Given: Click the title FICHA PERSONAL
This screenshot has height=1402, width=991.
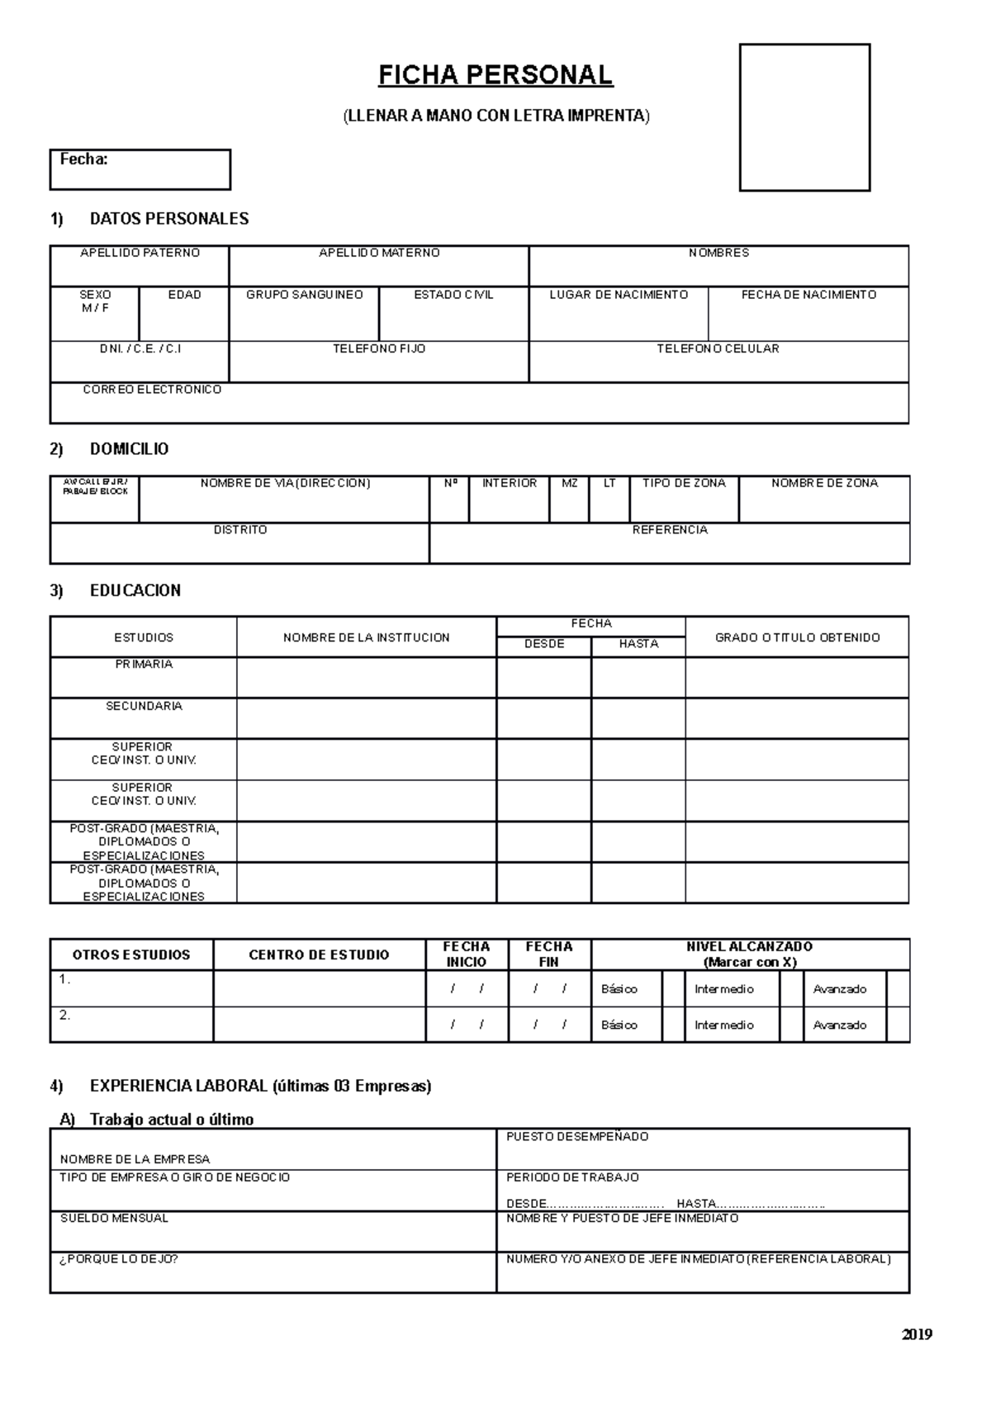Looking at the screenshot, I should click(x=495, y=75).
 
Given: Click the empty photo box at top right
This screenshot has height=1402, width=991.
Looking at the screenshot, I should click(x=804, y=117).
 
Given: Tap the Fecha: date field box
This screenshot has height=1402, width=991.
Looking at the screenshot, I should click(x=140, y=169).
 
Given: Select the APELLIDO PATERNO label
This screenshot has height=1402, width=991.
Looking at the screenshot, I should click(x=140, y=253).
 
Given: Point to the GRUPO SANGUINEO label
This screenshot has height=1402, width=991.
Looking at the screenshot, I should click(x=304, y=295).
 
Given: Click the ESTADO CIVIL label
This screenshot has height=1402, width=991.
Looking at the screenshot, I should click(x=453, y=295).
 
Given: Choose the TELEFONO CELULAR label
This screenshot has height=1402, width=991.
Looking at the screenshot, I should click(x=718, y=348).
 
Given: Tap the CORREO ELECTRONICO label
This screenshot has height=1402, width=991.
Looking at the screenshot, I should click(x=152, y=389).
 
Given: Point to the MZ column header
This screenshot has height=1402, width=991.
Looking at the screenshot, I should click(x=569, y=483).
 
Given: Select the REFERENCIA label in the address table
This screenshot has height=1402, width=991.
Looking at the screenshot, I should click(x=670, y=529).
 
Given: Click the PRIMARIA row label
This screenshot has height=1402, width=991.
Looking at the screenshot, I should click(x=144, y=664).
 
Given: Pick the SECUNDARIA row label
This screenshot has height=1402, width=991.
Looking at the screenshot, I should click(x=144, y=706).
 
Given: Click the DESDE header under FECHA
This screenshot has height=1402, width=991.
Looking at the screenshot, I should click(x=544, y=644).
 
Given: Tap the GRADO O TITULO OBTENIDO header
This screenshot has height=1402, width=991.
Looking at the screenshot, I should click(x=797, y=637).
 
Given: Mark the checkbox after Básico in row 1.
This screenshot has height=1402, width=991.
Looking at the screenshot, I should click(x=674, y=988).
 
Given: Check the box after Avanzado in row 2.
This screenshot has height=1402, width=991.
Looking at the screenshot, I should click(x=898, y=1025).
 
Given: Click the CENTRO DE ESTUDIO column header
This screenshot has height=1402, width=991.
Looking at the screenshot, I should click(x=319, y=954).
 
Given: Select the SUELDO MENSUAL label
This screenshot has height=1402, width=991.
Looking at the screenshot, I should click(x=114, y=1218).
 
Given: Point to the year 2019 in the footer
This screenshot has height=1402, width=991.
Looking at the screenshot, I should click(x=916, y=1334).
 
